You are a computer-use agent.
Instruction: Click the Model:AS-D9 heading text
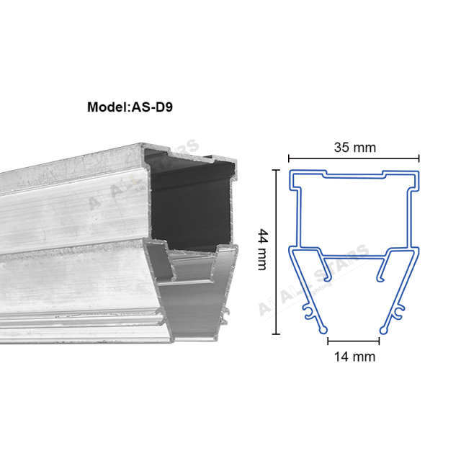130,107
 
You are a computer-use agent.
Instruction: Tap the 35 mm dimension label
354,148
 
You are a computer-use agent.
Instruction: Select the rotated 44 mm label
262,249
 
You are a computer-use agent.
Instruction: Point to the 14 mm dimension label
354,356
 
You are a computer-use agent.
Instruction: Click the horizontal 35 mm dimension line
354,158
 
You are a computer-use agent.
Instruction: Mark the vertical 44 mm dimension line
274,252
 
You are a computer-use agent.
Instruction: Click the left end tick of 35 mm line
289,158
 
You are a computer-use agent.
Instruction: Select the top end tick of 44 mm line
274,169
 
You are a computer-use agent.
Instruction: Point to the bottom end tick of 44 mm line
274,335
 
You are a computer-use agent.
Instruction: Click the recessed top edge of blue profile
354,174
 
